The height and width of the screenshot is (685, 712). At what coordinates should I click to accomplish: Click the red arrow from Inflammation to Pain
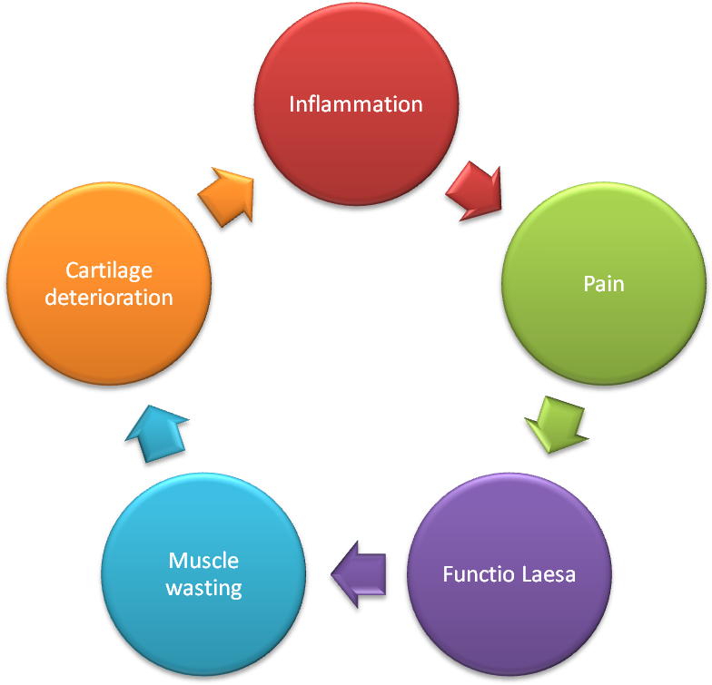(x=475, y=191)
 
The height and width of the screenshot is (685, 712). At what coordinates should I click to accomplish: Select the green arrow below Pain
(x=557, y=422)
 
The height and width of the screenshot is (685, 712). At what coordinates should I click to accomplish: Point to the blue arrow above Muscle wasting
(x=156, y=434)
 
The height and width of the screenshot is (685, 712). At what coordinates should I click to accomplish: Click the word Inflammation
(x=356, y=104)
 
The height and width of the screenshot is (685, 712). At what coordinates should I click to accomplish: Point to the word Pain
(x=604, y=284)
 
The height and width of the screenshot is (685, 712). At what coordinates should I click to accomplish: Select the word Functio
(x=475, y=574)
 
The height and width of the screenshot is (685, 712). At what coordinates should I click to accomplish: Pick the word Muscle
(x=203, y=561)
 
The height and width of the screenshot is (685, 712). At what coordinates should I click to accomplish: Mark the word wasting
(x=203, y=587)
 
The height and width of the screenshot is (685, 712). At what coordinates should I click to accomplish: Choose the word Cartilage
(x=108, y=270)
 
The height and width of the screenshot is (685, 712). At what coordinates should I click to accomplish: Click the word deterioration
(x=108, y=297)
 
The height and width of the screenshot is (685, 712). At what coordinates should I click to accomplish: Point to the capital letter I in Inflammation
(x=292, y=104)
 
